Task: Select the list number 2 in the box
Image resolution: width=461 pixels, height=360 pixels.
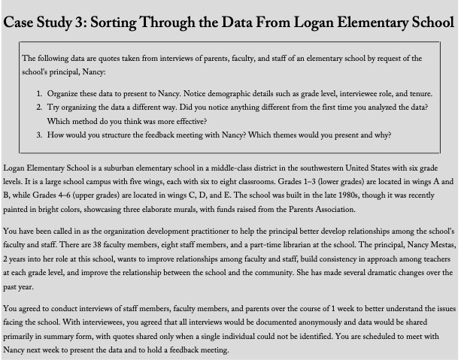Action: [x=39, y=108]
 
